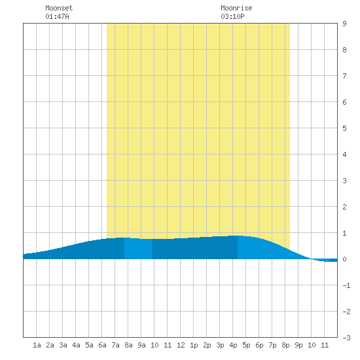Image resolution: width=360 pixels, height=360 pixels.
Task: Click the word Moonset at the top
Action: click(x=59, y=8)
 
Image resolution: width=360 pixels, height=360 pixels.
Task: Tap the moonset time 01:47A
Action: click(x=57, y=16)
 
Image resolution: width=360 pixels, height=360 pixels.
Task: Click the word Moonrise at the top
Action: click(x=236, y=8)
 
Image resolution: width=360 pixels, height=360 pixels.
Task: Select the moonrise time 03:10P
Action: click(x=232, y=16)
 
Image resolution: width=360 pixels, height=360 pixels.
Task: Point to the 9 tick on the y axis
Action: click(x=344, y=24)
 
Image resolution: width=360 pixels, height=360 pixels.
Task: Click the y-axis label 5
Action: click(x=344, y=128)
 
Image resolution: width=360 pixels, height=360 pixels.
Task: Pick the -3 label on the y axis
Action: click(x=346, y=338)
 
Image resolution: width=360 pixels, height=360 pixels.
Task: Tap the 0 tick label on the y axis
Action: click(x=344, y=259)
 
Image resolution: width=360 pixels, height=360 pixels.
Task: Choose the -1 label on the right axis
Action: click(x=346, y=285)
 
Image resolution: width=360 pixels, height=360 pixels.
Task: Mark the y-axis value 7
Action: click(x=344, y=76)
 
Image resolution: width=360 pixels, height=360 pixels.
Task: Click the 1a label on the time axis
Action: click(x=37, y=345)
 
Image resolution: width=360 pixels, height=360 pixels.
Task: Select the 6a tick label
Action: click(x=102, y=345)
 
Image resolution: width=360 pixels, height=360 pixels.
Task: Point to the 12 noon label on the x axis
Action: click(x=181, y=345)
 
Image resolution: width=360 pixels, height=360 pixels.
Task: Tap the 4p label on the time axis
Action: click(x=233, y=345)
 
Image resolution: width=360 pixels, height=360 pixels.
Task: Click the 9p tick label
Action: click(x=298, y=345)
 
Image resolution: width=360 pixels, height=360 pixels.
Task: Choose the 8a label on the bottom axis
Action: click(x=128, y=345)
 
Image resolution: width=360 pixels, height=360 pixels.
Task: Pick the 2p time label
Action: click(x=207, y=345)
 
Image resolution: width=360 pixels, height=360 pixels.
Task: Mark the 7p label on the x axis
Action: click(x=272, y=345)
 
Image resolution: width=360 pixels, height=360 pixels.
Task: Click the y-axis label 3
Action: click(x=344, y=181)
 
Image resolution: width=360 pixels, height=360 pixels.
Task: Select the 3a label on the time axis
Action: click(x=63, y=345)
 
